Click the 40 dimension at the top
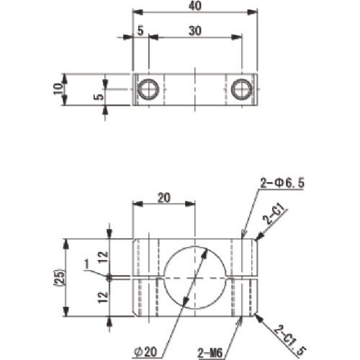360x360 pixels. [195, 6]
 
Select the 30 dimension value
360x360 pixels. [194, 31]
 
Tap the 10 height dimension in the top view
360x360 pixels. [58, 89]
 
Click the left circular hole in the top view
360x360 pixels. [149, 89]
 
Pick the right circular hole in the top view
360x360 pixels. [241, 89]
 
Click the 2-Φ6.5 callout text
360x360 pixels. [282, 184]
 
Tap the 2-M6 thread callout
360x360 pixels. [210, 353]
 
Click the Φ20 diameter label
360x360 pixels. [145, 352]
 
